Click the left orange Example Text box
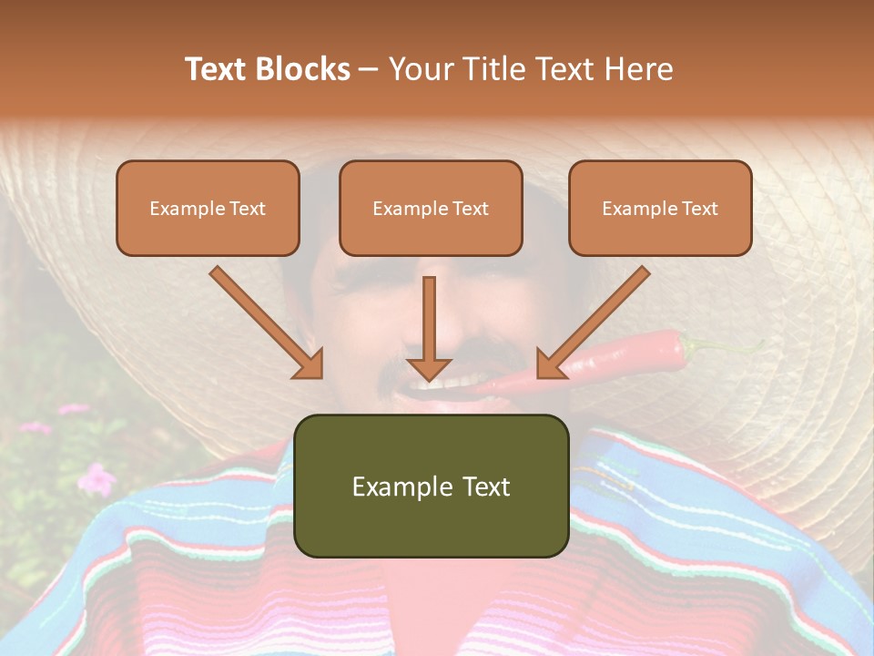(208, 208)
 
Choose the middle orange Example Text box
(431, 208)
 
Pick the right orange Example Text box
(660, 208)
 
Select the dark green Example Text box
(431, 486)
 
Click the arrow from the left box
(265, 322)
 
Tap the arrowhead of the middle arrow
(429, 368)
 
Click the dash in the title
(369, 69)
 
